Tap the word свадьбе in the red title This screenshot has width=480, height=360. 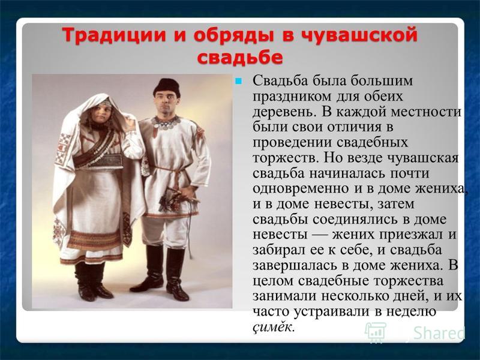pos(239,57)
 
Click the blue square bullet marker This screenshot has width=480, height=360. pos(238,82)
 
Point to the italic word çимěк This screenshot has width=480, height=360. pos(274,327)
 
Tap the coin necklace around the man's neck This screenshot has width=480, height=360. pos(167,123)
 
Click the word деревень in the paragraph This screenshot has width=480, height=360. pos(284,112)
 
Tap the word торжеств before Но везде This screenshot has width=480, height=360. pos(286,158)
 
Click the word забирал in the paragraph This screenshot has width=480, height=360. pos(278,250)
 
